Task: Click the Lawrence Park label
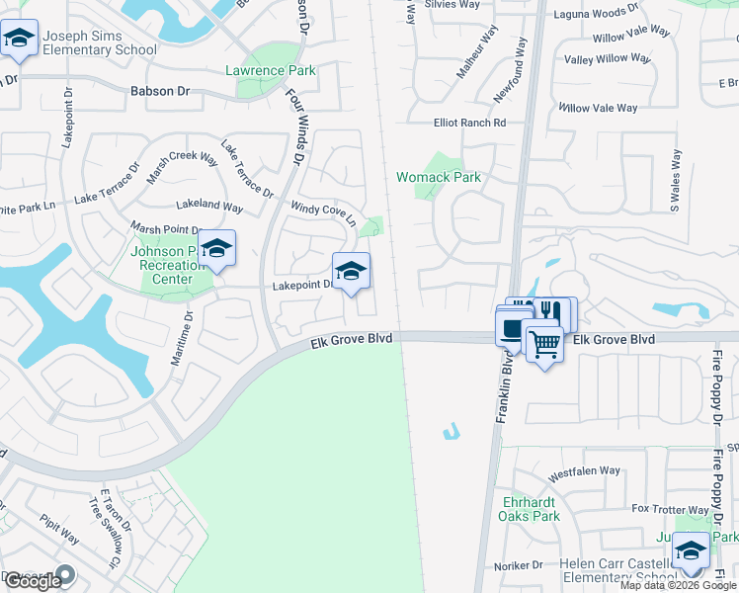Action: tap(271, 70)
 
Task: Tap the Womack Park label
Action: tap(438, 178)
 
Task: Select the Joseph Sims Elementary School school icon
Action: tap(17, 40)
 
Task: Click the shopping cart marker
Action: tap(543, 346)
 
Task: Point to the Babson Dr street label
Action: tap(159, 91)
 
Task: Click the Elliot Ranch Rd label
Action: tap(469, 124)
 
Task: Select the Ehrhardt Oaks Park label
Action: tap(532, 509)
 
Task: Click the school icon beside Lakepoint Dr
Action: tap(351, 272)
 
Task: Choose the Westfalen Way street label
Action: tap(584, 472)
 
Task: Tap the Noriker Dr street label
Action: tap(519, 565)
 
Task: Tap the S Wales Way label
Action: tap(675, 181)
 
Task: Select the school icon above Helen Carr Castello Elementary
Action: tap(691, 550)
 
